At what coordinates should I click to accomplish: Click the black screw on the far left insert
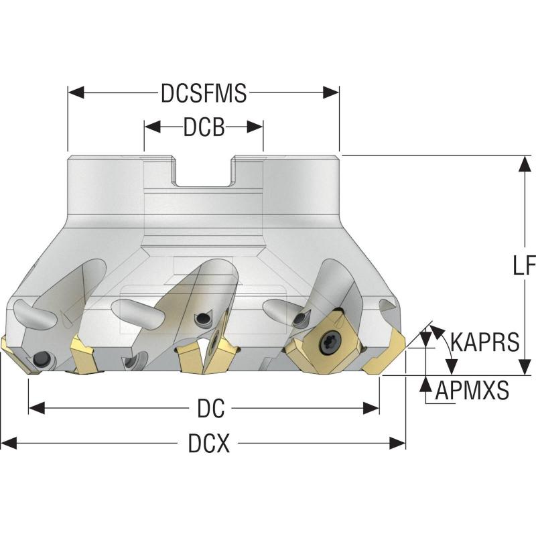click(x=42, y=356)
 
